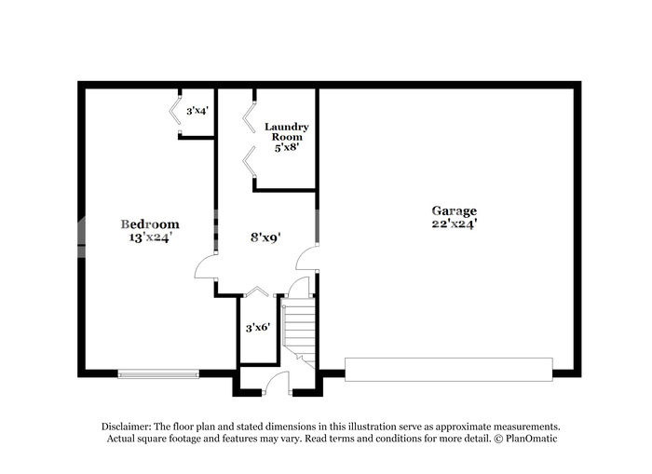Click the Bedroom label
tap(150, 224)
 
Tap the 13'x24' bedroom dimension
tap(151, 237)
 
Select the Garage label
tap(455, 211)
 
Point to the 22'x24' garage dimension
tap(455, 223)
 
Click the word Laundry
tap(287, 127)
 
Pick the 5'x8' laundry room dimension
tap(287, 147)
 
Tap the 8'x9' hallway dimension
tap(265, 237)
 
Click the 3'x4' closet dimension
tap(197, 111)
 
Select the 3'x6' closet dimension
tap(258, 328)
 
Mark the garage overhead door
tap(449, 369)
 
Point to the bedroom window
tap(158, 374)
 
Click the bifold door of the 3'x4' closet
tap(175, 111)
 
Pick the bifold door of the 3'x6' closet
tap(256, 291)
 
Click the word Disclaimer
tap(126, 427)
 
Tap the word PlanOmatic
tap(532, 439)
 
